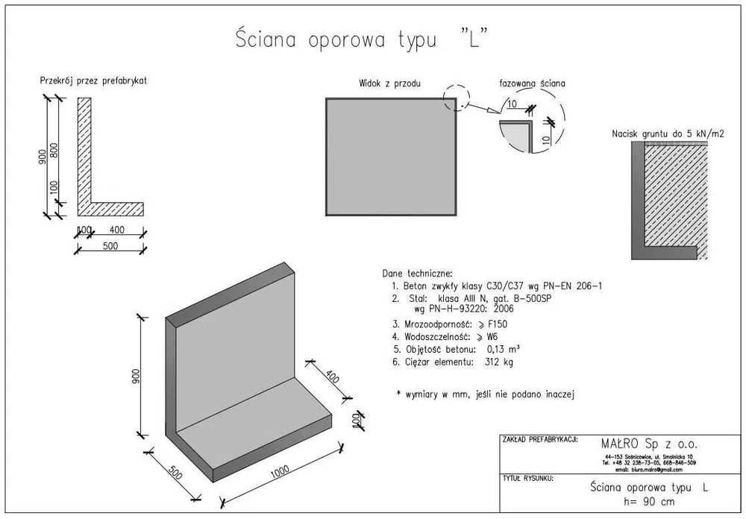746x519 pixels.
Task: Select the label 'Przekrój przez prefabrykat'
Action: click(93, 81)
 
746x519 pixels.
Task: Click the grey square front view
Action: click(391, 157)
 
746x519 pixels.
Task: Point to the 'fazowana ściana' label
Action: click(532, 84)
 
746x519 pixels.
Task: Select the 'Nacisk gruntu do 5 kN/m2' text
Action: click(668, 133)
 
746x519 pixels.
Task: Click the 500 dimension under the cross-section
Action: click(110, 246)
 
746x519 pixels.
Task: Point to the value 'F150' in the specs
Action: click(501, 324)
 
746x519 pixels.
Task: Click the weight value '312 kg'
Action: click(499, 362)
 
